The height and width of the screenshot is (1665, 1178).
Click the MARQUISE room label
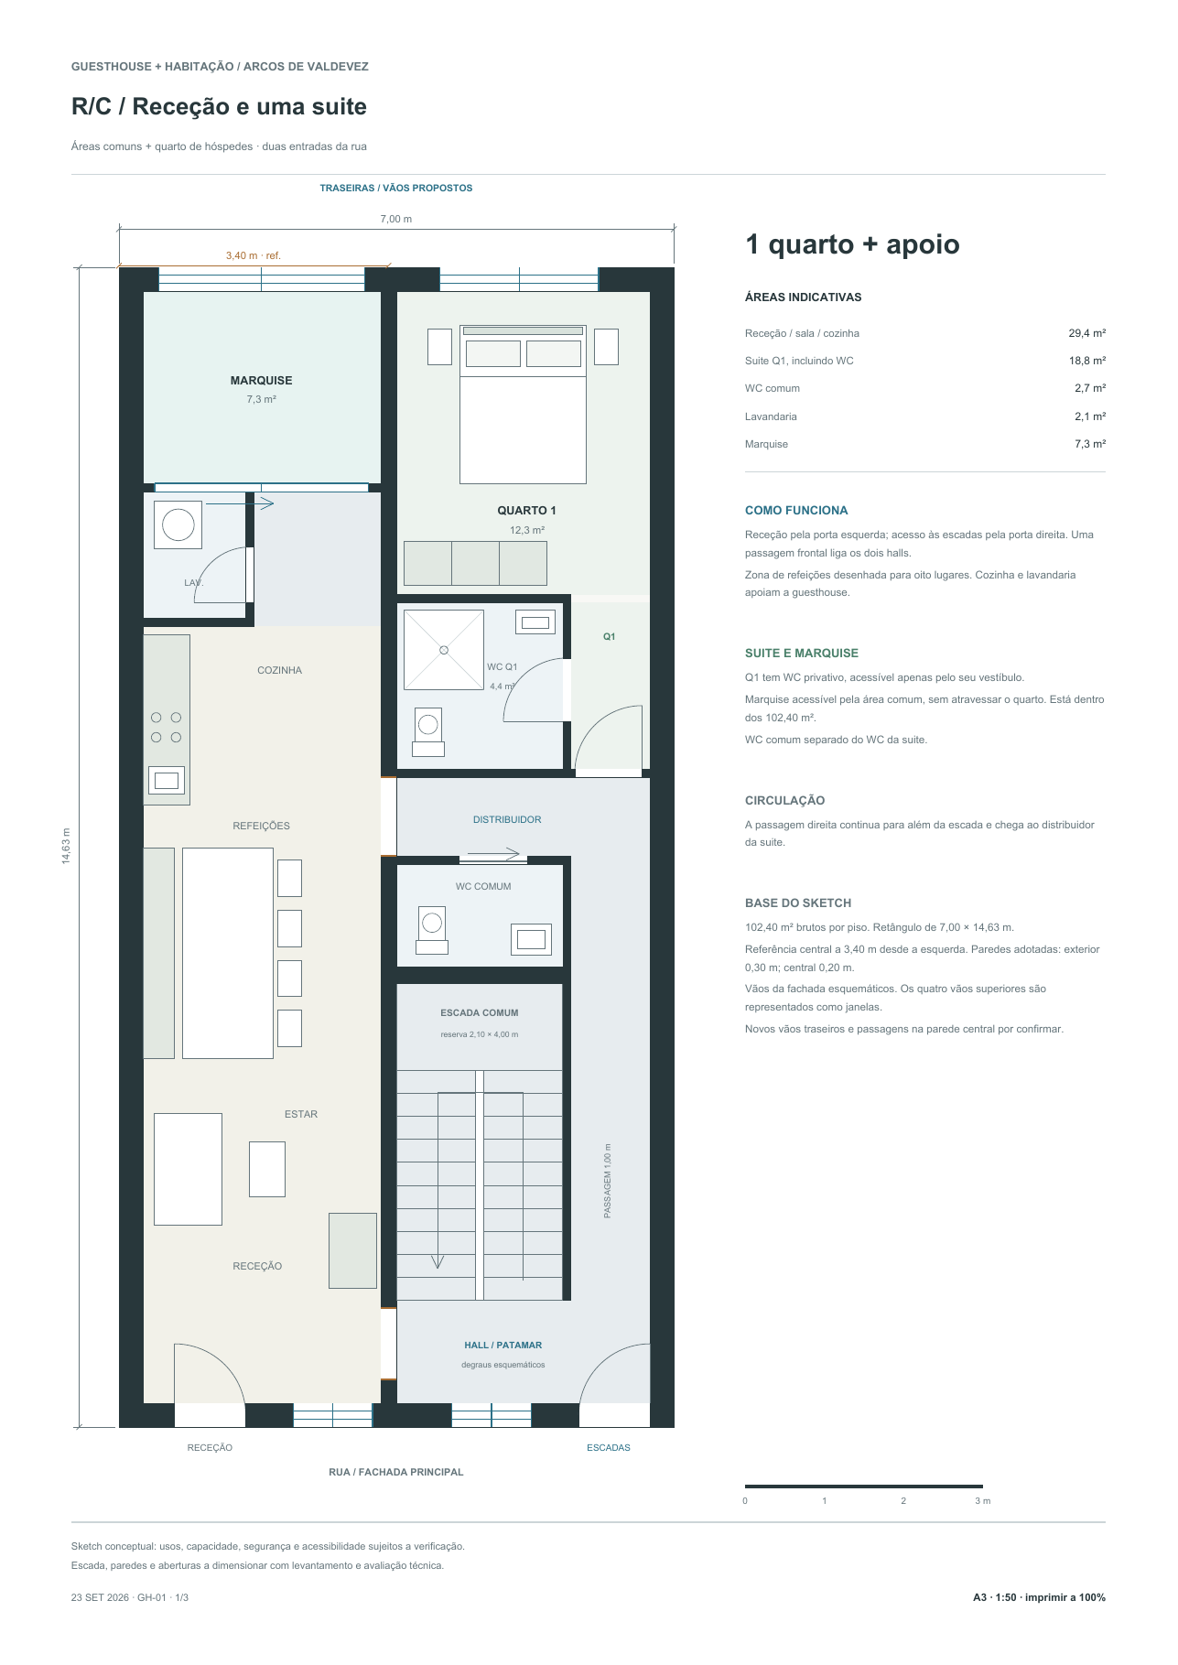pos(261,381)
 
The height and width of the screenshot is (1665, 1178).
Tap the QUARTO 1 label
pos(526,511)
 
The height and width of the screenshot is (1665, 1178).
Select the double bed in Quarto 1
pos(523,404)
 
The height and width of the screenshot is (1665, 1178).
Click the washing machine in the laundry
pos(178,524)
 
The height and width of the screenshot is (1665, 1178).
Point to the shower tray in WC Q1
pos(444,650)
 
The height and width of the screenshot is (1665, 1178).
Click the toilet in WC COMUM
pos(432,930)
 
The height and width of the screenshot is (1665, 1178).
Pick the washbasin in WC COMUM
pos(531,939)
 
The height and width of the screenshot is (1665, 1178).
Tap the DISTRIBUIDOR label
pos(507,820)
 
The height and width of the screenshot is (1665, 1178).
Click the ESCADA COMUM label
pos(480,1013)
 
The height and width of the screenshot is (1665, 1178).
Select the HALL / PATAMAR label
pos(503,1346)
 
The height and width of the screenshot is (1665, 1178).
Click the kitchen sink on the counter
pos(167,780)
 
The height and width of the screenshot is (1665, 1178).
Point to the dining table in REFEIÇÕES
pos(228,953)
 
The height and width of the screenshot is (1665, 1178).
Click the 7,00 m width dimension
pos(396,220)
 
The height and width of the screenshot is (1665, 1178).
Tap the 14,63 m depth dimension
pos(66,847)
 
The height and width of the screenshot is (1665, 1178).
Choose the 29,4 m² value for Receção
pos(1087,334)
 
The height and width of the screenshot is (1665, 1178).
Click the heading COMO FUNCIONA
pos(796,511)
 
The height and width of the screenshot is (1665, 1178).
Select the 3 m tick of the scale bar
pos(982,1501)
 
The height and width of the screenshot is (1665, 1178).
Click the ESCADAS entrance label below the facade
pos(609,1448)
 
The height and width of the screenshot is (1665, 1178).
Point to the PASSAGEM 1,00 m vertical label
pos(608,1181)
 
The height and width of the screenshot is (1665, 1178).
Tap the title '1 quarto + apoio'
pos(852,244)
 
